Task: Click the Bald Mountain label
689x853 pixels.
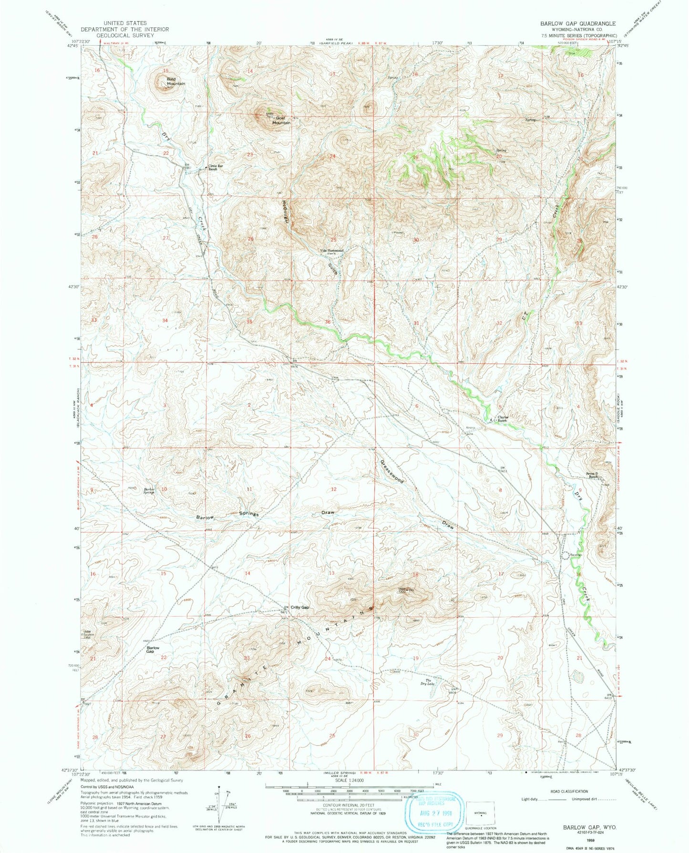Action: pyautogui.click(x=175, y=81)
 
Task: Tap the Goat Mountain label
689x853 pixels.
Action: pyautogui.click(x=281, y=120)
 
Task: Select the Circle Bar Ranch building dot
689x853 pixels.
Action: pyautogui.click(x=206, y=167)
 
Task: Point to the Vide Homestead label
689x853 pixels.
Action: pyautogui.click(x=331, y=251)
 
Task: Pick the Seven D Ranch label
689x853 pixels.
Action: pyautogui.click(x=591, y=475)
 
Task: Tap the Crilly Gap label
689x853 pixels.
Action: pyautogui.click(x=300, y=607)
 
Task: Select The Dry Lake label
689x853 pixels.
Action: pyautogui.click(x=430, y=682)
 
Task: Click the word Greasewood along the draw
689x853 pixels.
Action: pyautogui.click(x=392, y=472)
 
